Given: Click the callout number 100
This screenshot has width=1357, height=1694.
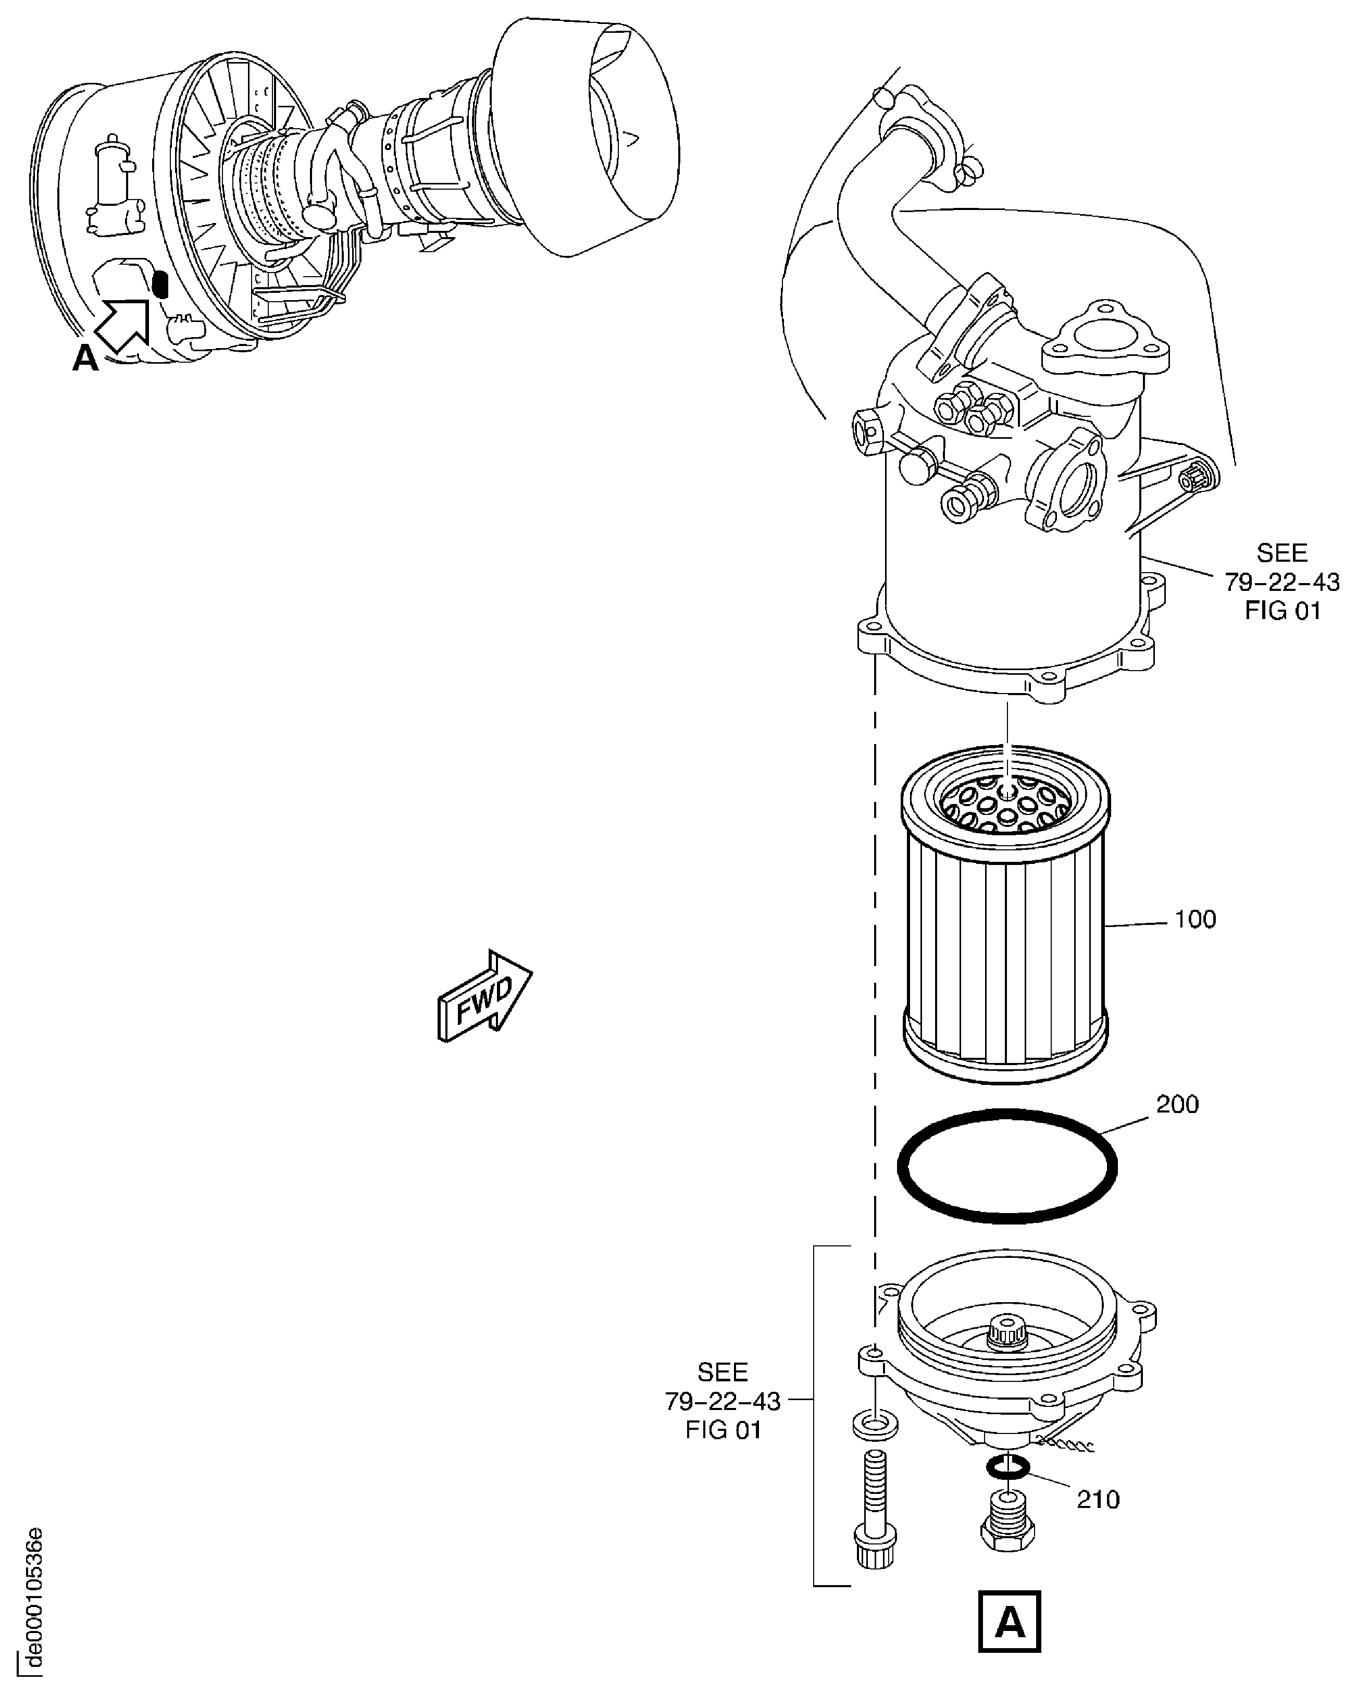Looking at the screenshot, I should [1194, 919].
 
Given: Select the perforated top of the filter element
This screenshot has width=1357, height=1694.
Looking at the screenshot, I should [1005, 801].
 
